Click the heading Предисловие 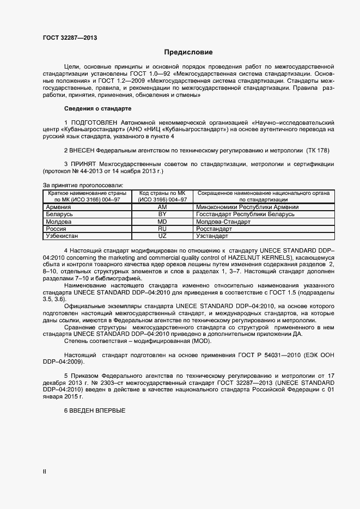188,52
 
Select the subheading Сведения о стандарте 98,108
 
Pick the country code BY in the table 162,214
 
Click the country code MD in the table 162,222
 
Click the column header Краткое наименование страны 87,193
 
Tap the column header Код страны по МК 162,193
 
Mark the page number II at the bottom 44,472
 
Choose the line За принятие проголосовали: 83,186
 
